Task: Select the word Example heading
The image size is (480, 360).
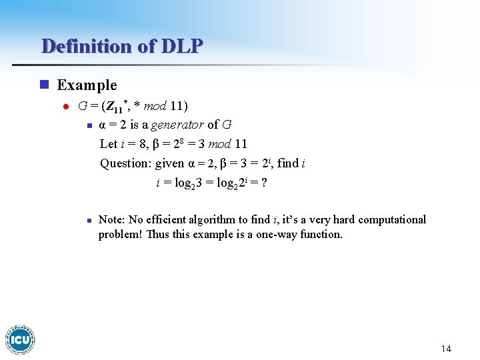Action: pos(87,85)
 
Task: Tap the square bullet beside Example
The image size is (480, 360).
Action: pos(44,85)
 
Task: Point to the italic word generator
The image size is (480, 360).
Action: pos(177,125)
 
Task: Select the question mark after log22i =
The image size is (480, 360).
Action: pos(264,182)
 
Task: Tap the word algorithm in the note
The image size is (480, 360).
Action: pos(225,220)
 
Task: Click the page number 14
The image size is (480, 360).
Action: pos(446,349)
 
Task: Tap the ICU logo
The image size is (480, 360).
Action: pos(20,339)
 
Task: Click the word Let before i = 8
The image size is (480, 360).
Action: pos(108,144)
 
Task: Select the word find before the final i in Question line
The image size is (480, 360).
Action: pos(287,163)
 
